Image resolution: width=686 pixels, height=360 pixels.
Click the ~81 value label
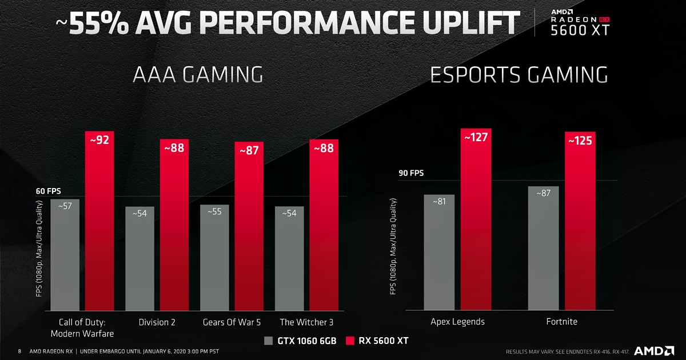[439, 202]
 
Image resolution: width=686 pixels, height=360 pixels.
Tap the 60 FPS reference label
[49, 191]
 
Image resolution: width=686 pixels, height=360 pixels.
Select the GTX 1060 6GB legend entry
[300, 341]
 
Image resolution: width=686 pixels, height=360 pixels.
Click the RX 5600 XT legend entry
[377, 341]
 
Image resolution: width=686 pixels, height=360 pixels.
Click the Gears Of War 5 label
[232, 322]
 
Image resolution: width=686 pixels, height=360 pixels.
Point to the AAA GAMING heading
[198, 75]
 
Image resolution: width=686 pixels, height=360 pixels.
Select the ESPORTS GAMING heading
[519, 75]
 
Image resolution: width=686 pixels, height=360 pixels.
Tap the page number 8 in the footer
[19, 351]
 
